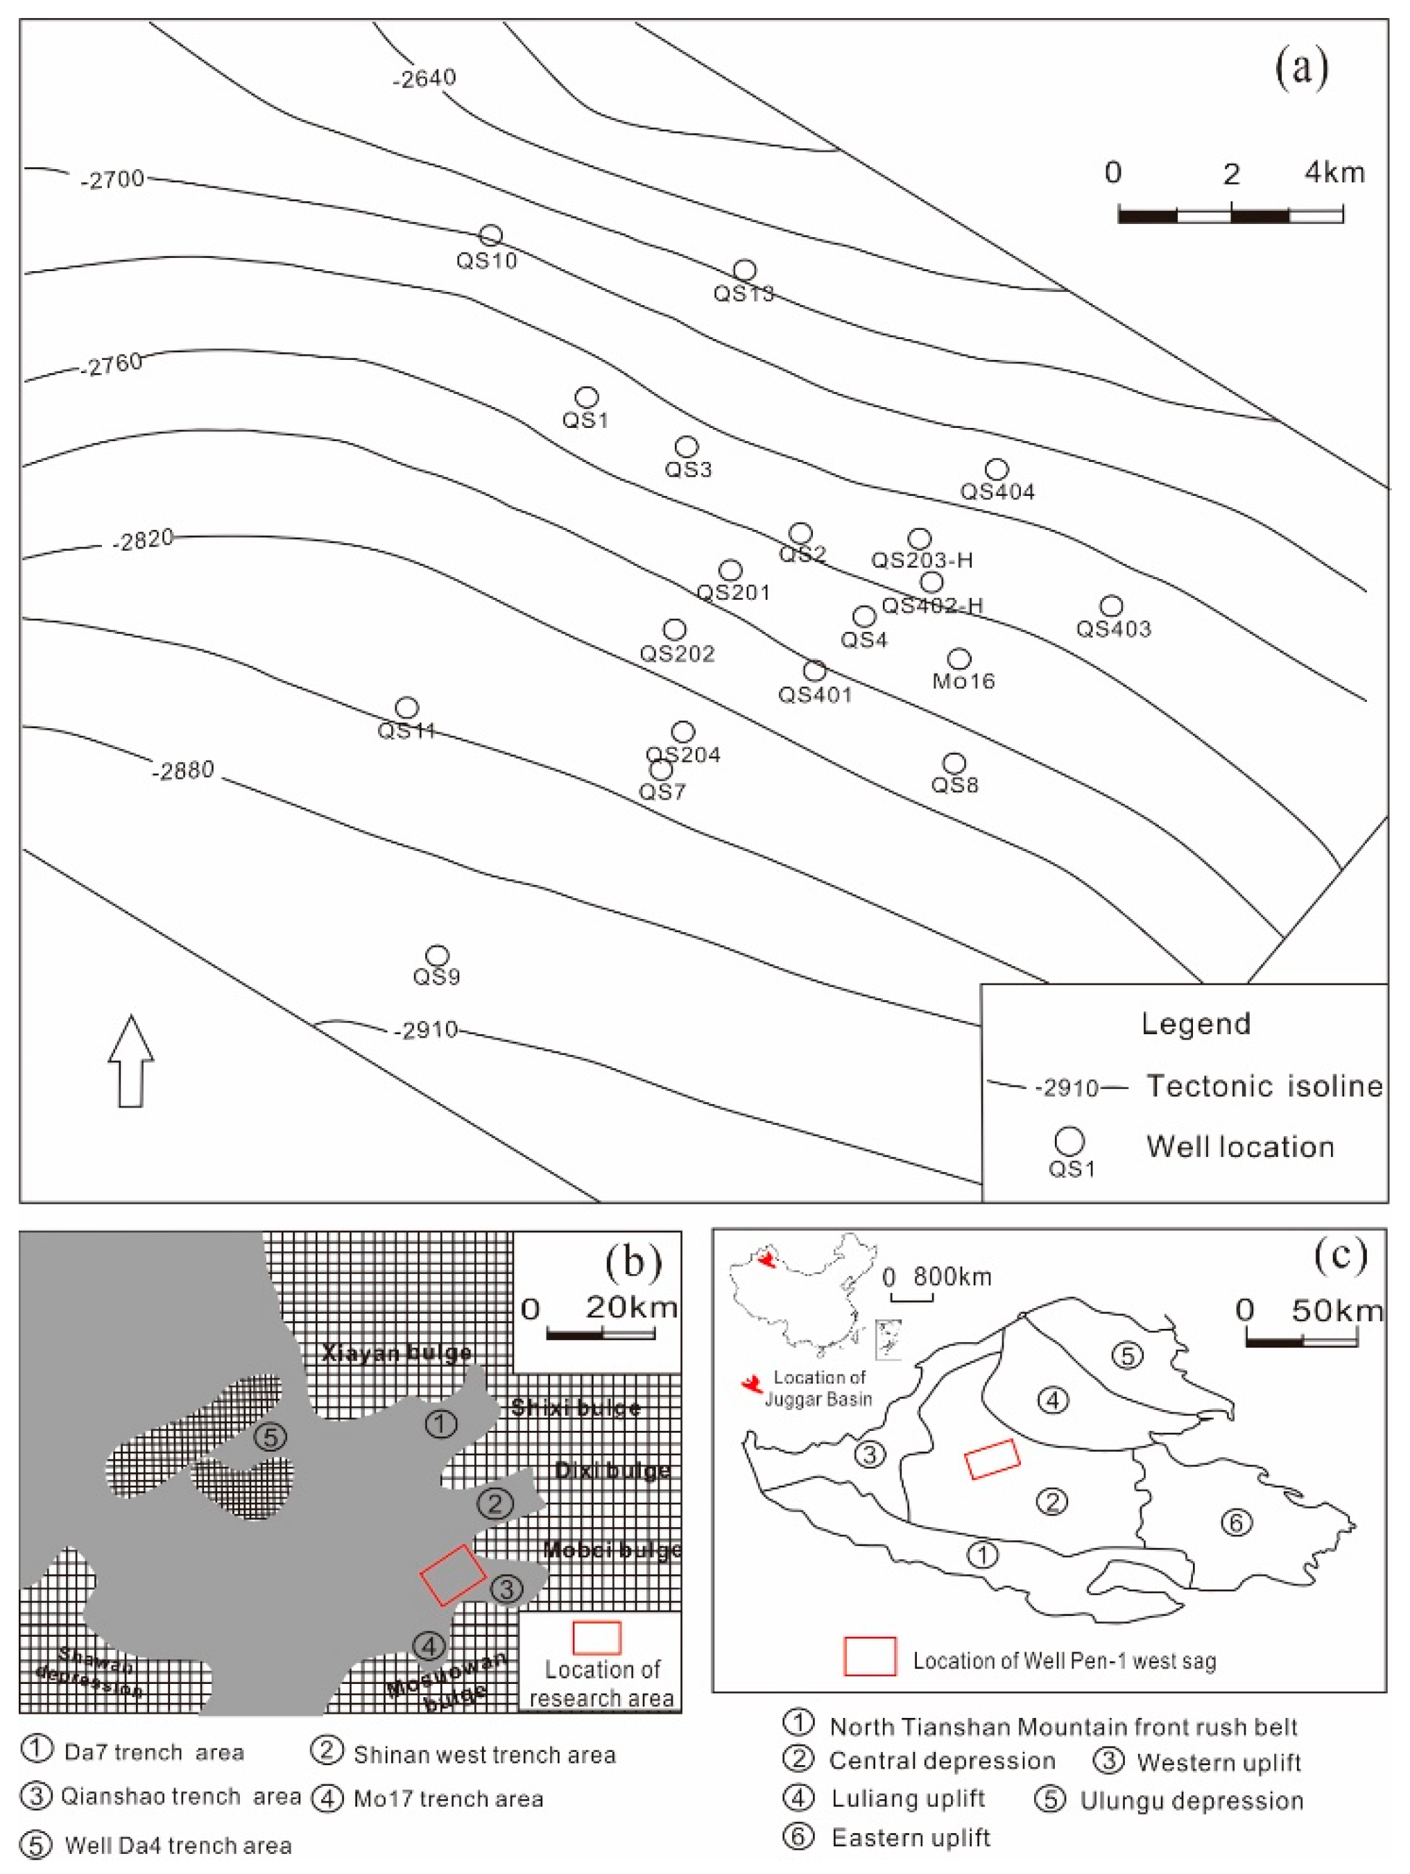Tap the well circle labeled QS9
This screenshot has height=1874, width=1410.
point(436,956)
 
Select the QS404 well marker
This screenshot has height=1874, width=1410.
point(997,470)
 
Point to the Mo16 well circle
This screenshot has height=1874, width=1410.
point(958,658)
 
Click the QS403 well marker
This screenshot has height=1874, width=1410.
point(1111,605)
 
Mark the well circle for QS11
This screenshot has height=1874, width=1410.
point(406,707)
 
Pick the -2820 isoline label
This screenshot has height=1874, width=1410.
point(142,540)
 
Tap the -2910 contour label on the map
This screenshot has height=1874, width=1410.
point(425,1030)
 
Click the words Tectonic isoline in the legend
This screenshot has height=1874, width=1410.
point(1264,1086)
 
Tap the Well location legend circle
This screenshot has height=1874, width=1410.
point(1069,1141)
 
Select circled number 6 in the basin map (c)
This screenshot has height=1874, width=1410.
point(1235,1522)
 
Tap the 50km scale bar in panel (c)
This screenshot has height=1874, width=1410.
point(1302,1342)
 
